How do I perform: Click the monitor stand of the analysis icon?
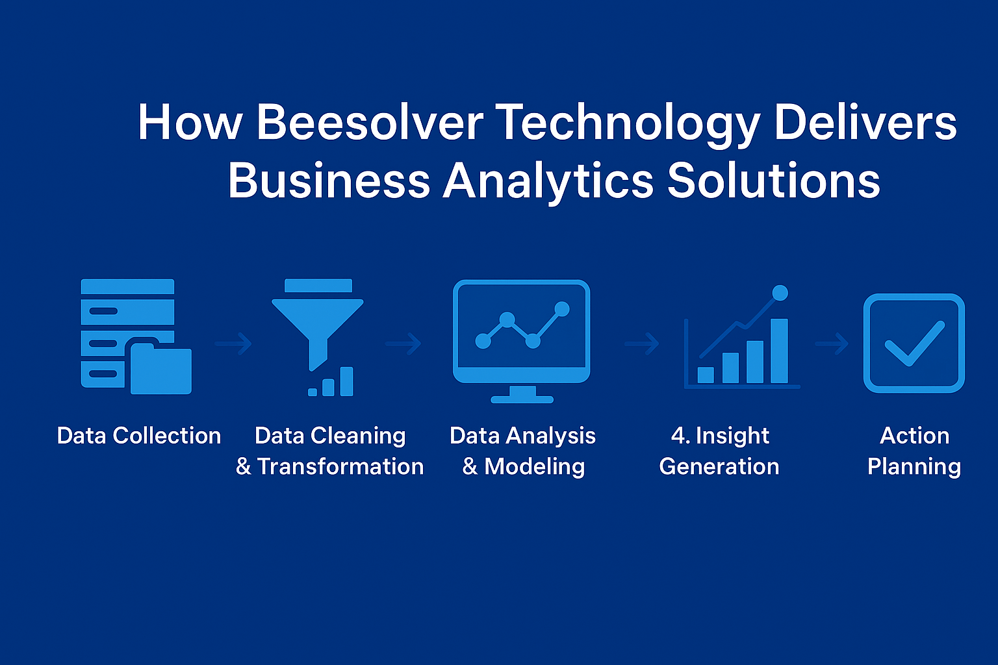coord(522,395)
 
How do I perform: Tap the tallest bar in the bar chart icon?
coord(779,351)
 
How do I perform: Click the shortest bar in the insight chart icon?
coord(706,375)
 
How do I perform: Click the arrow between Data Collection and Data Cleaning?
coord(234,343)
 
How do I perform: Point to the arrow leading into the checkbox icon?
coord(832,343)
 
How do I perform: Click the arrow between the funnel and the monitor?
coord(403,343)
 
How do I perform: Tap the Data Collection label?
coord(139,436)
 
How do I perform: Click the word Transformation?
coord(340,466)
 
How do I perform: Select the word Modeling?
coord(534,466)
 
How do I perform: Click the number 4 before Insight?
coord(678,436)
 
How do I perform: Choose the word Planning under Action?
coord(914,467)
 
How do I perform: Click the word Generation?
coord(719,466)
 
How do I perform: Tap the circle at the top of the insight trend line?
coord(780,293)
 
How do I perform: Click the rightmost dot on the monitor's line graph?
coord(562,309)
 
